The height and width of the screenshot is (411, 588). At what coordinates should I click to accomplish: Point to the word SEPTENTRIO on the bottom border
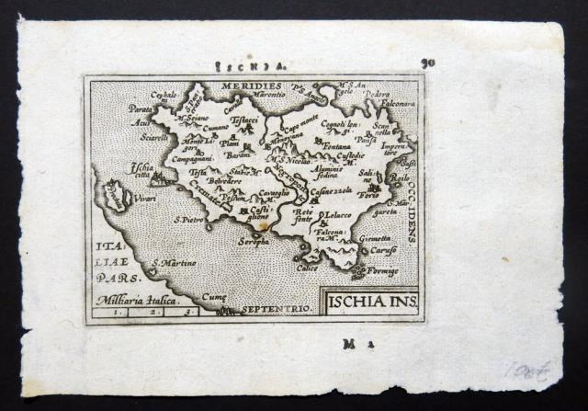click(275, 311)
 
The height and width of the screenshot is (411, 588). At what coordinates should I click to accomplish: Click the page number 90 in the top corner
click(427, 64)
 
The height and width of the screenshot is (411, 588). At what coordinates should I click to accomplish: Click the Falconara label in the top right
click(401, 104)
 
